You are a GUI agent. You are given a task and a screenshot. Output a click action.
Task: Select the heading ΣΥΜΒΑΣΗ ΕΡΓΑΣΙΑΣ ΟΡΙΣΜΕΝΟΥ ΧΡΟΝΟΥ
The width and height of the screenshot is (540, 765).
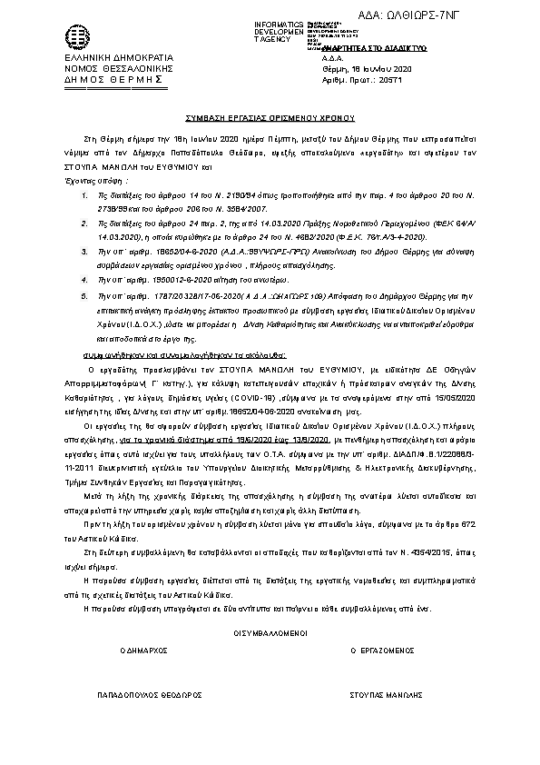(269, 118)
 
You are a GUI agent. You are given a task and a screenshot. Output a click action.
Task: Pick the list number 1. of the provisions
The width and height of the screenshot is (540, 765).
(85, 170)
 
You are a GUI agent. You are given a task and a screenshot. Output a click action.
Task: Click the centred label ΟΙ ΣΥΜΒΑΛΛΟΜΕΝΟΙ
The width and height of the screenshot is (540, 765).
(270, 631)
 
